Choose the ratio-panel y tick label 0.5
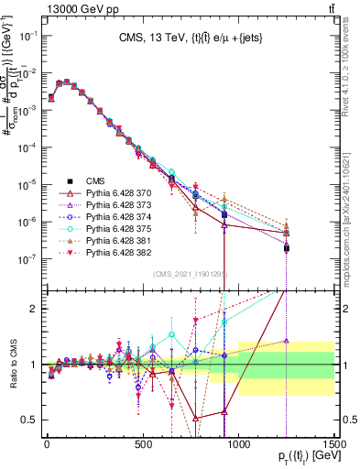click(x=27, y=420)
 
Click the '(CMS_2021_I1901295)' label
click(x=190, y=273)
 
